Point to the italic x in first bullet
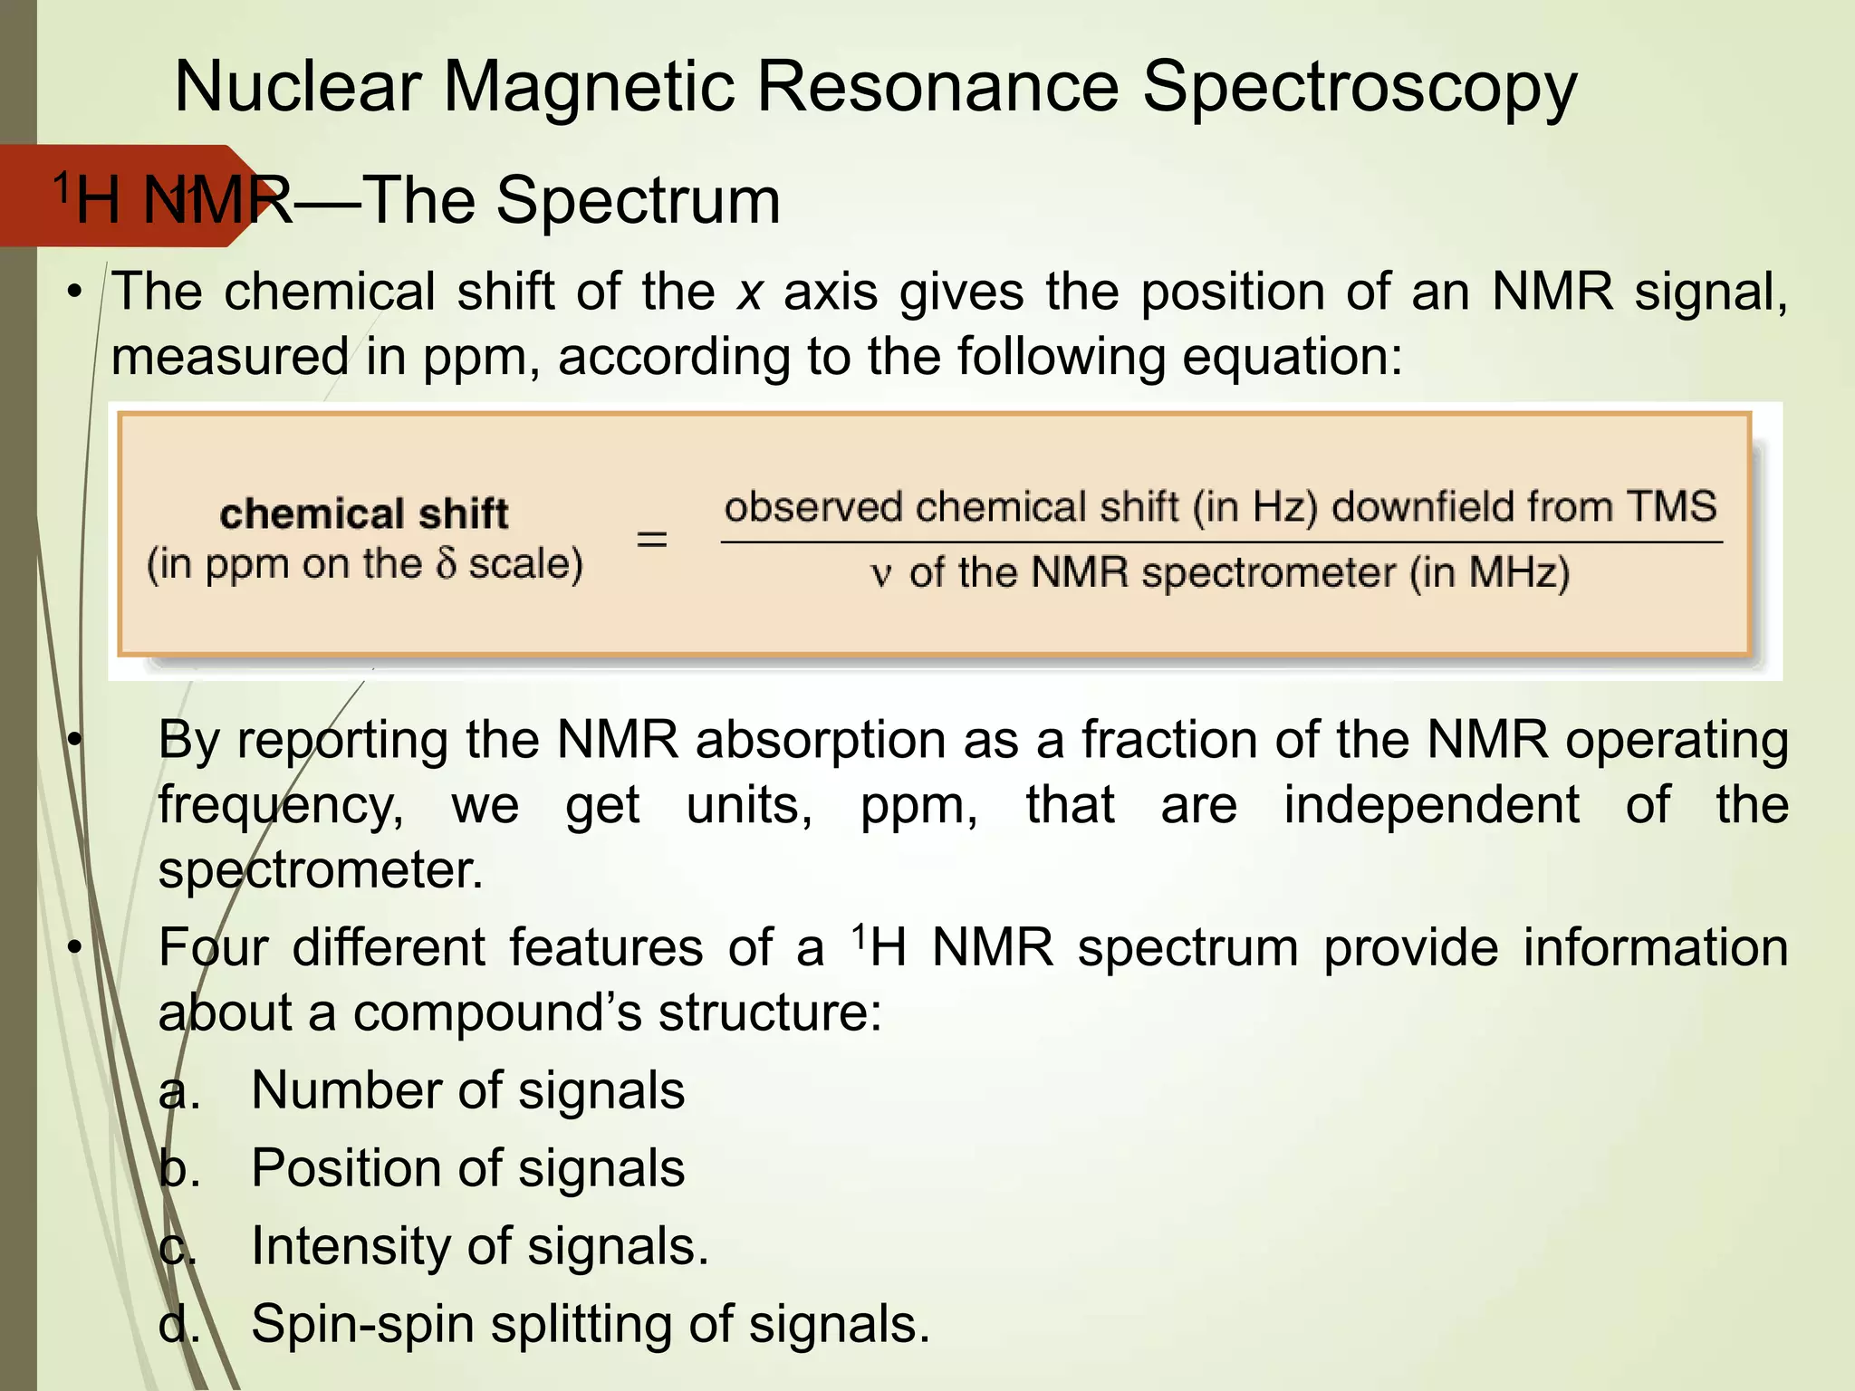click(x=749, y=293)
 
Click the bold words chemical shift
click(x=363, y=513)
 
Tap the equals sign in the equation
click(x=651, y=541)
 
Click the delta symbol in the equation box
click(x=446, y=564)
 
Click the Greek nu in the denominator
click(x=880, y=575)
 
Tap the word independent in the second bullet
click(x=1431, y=804)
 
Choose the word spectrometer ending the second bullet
click(x=320, y=870)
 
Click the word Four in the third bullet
click(x=213, y=948)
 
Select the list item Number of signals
click(x=467, y=1089)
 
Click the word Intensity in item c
click(x=351, y=1246)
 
